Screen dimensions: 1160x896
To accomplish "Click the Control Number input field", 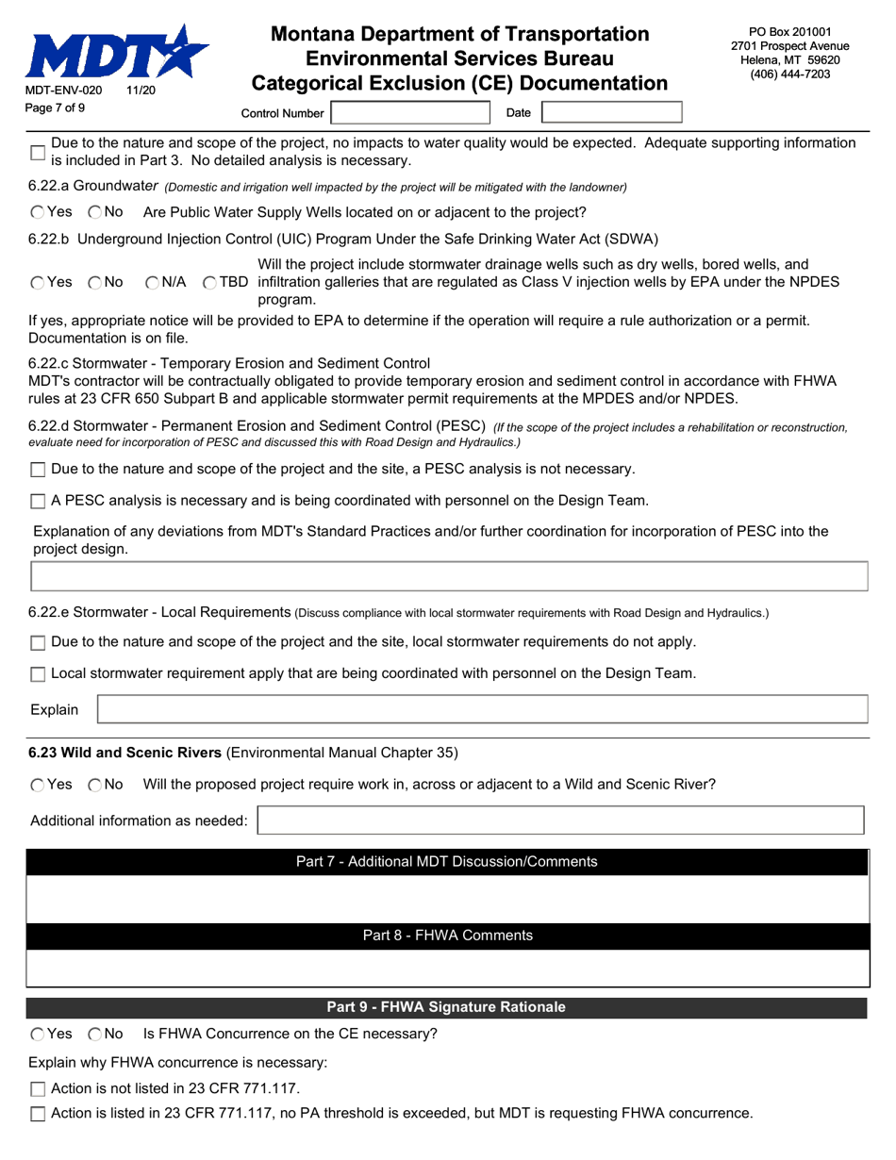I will tap(410, 113).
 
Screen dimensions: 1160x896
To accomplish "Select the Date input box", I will tap(611, 113).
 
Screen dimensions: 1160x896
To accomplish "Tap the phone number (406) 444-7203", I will tap(789, 75).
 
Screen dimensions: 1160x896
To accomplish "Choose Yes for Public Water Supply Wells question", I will tap(37, 212).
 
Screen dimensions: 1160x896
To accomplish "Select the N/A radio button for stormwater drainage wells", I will tap(153, 282).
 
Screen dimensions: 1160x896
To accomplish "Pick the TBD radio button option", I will tap(209, 282).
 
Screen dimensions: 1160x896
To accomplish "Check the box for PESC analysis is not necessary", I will tap(38, 470).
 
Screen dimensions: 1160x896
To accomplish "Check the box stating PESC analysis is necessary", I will tap(38, 502).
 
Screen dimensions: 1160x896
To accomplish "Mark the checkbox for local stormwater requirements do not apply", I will tap(38, 643).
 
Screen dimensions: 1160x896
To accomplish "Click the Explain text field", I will tap(482, 709).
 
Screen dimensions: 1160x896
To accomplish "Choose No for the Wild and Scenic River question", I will tap(95, 785).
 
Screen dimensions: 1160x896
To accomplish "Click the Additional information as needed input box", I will tap(560, 820).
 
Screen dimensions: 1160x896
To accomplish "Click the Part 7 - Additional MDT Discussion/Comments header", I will tap(446, 861).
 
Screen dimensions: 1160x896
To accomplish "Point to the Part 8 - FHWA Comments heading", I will tap(447, 936).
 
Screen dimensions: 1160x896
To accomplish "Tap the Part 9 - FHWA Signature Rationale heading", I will tap(445, 1007).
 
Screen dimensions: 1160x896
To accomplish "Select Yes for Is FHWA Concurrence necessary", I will tap(37, 1035).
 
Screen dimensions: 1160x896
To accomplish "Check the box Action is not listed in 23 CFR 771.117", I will tap(38, 1089).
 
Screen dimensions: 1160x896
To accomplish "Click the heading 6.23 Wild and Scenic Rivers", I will tap(124, 753).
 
